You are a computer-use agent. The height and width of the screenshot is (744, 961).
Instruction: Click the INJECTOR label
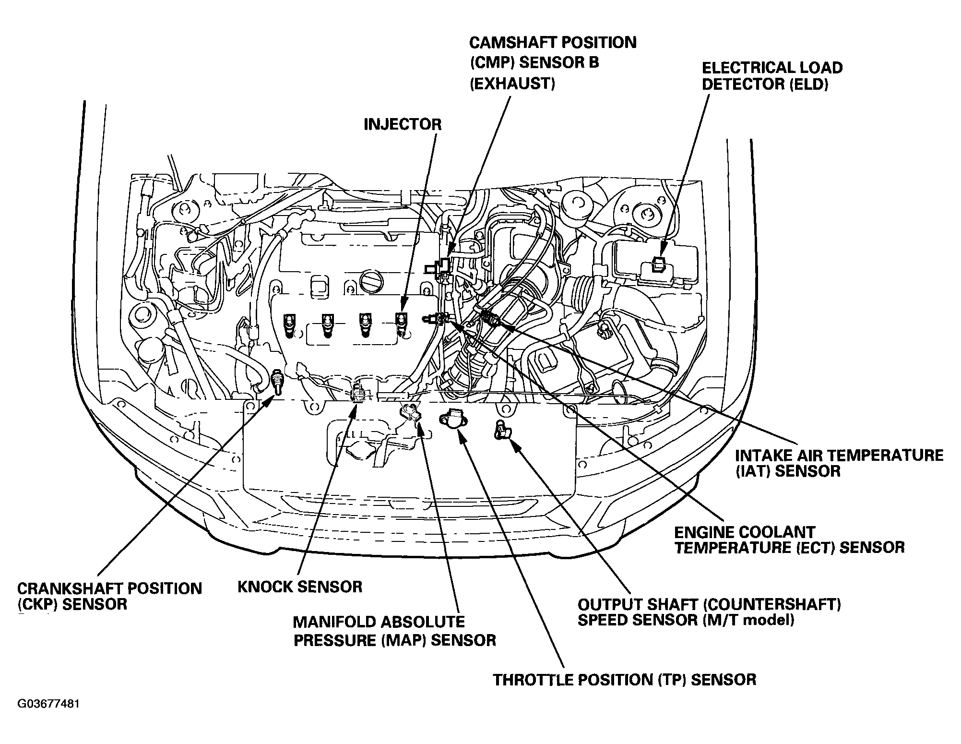pyautogui.click(x=402, y=125)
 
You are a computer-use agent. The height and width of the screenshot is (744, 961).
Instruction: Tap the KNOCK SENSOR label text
pyautogui.click(x=300, y=587)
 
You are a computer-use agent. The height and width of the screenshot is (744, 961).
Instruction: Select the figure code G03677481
pyautogui.click(x=48, y=704)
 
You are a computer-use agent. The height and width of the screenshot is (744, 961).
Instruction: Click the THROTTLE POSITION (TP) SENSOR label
pyautogui.click(x=625, y=680)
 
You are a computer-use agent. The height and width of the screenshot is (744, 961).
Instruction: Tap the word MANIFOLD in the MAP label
pyautogui.click(x=334, y=622)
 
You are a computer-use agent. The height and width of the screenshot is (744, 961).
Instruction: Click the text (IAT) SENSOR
pyautogui.click(x=788, y=471)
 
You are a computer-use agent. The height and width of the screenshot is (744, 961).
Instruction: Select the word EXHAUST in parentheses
pyautogui.click(x=512, y=84)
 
